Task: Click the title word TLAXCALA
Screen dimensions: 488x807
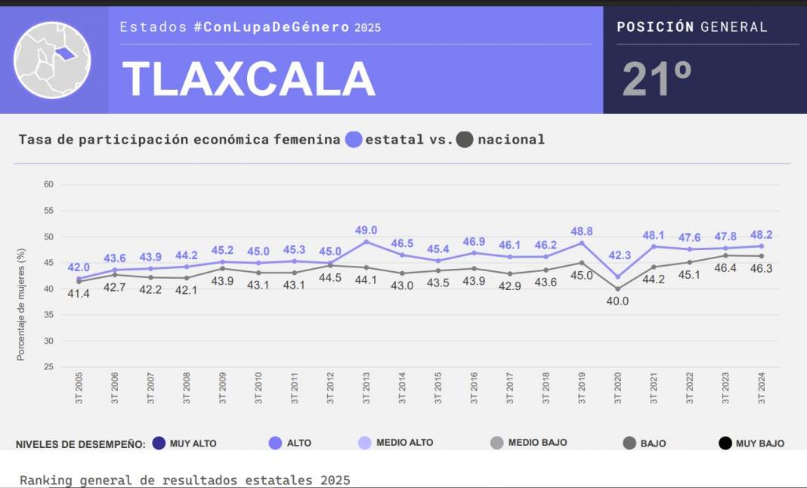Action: [x=249, y=79]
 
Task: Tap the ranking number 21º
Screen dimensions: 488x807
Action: [x=657, y=79]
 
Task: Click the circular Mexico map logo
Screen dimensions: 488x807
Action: [x=52, y=60]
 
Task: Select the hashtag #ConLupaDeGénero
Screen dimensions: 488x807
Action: [x=271, y=27]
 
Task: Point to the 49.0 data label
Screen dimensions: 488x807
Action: [x=366, y=230]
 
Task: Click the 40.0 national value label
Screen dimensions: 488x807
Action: [x=617, y=301]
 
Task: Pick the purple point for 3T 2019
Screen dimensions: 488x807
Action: [x=582, y=242]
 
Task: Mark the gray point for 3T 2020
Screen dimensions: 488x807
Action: [x=617, y=289]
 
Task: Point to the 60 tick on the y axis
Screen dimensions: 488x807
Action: [x=48, y=184]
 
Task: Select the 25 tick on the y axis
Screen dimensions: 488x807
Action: [x=48, y=367]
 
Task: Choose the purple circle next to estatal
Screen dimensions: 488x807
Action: [x=354, y=140]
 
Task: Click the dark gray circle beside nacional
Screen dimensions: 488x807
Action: [x=465, y=140]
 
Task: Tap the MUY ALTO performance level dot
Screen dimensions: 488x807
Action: [x=159, y=443]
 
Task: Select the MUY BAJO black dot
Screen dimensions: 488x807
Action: [x=725, y=443]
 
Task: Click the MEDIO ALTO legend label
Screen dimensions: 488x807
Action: [x=404, y=443]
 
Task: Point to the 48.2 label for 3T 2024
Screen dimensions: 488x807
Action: [x=760, y=234]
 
